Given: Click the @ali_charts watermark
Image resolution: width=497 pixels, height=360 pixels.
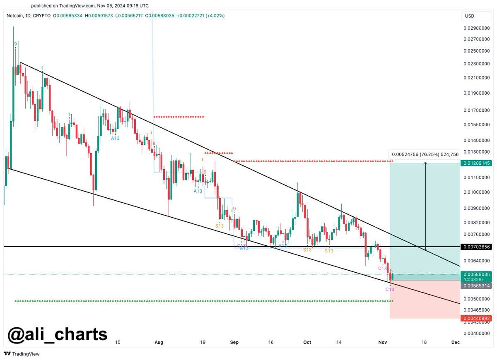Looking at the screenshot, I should [58, 334].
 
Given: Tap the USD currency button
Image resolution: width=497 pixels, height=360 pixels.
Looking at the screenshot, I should [470, 16].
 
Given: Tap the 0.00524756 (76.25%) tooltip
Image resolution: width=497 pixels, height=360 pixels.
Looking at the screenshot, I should [425, 154].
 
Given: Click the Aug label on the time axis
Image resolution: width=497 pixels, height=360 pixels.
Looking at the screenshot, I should [159, 342].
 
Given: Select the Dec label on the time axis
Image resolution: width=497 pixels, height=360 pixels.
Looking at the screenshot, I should [455, 342].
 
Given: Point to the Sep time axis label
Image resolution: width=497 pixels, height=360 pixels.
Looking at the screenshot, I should [234, 342].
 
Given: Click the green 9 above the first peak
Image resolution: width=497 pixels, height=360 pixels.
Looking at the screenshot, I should [16, 44].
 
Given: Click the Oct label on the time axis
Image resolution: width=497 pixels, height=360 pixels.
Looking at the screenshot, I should [307, 342].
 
